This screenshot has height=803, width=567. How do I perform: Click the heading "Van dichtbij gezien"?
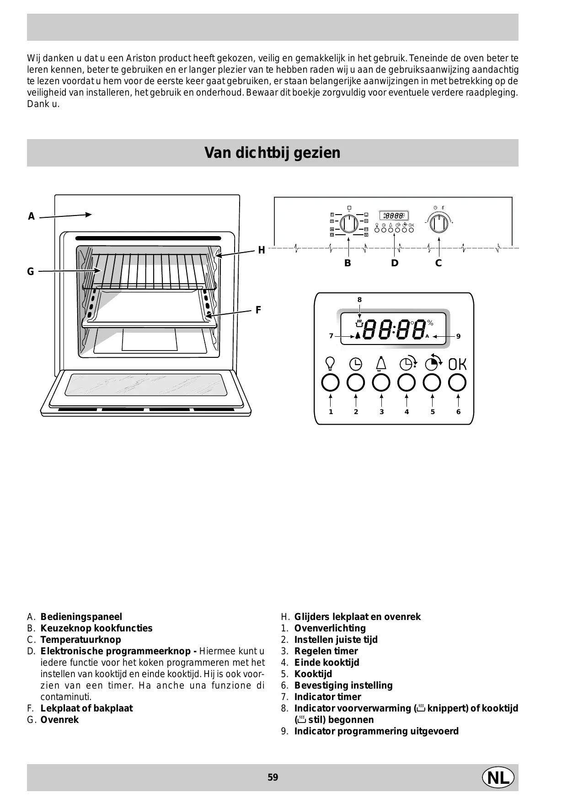[x=273, y=153]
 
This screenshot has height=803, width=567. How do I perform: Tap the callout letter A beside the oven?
[x=31, y=216]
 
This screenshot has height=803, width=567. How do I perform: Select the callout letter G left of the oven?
[x=31, y=272]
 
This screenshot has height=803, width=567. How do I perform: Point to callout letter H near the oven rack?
[x=261, y=250]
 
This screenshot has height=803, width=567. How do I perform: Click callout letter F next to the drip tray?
[x=258, y=310]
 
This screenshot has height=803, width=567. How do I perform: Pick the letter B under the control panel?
[x=348, y=263]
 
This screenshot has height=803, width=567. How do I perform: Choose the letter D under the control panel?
[x=394, y=263]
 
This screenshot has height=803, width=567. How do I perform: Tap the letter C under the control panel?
[x=438, y=263]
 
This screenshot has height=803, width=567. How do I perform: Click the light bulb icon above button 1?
[x=330, y=363]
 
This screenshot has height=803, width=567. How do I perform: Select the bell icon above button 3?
[x=381, y=363]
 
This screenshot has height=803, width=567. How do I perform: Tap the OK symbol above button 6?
[x=457, y=364]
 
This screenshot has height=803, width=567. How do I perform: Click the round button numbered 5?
[x=432, y=383]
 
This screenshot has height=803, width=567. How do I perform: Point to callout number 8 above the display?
[x=359, y=300]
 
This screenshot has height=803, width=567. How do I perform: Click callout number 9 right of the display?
[x=458, y=336]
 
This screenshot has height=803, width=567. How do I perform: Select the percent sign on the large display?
[x=430, y=323]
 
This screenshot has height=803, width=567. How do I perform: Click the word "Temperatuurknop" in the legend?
[x=80, y=640]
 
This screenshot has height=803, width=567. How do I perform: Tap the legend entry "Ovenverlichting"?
[x=330, y=628]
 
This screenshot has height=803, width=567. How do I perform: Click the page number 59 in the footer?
[x=273, y=777]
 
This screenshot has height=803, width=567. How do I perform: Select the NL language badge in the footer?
[x=498, y=777]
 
